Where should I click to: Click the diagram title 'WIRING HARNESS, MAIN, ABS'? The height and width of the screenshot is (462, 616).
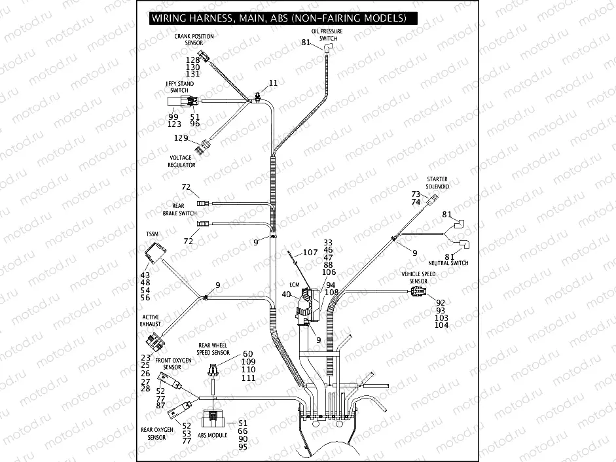click(x=278, y=18)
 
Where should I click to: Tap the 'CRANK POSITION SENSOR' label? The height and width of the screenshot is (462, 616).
click(x=194, y=39)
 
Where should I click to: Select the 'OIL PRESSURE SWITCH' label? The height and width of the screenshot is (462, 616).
click(x=328, y=35)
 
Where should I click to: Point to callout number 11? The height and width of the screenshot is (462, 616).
click(x=273, y=83)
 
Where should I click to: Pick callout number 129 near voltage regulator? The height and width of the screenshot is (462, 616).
click(x=181, y=138)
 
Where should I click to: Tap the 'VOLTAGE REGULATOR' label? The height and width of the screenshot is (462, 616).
click(x=181, y=162)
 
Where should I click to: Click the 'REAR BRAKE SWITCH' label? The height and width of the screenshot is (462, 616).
click(x=179, y=209)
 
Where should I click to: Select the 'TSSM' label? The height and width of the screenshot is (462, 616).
click(x=152, y=234)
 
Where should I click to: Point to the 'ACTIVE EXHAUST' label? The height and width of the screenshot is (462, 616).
click(x=150, y=321)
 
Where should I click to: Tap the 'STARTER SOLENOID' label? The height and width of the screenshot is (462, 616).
click(x=437, y=182)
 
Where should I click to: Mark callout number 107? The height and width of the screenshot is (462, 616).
click(x=310, y=252)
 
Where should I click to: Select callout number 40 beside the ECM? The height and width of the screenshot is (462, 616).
click(x=286, y=294)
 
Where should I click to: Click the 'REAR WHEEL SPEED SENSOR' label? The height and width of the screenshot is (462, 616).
click(x=213, y=347)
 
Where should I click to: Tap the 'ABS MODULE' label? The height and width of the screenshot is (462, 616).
click(x=214, y=435)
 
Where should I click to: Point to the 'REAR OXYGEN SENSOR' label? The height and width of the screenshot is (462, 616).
click(x=157, y=433)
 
